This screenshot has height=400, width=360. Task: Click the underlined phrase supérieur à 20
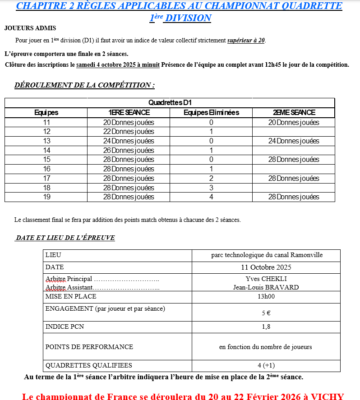click(x=246, y=41)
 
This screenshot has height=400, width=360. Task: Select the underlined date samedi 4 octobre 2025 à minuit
click(x=118, y=65)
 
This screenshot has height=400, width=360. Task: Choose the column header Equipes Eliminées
click(x=211, y=113)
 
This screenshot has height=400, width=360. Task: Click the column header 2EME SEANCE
click(x=294, y=113)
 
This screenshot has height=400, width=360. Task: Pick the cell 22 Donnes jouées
click(x=129, y=132)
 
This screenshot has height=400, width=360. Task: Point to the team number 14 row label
click(x=46, y=150)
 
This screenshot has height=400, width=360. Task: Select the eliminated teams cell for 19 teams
click(x=211, y=197)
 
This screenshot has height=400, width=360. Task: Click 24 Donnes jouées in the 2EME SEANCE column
click(x=294, y=141)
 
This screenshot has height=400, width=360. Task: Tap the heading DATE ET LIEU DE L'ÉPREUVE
click(x=65, y=238)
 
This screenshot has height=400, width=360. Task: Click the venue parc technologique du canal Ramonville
click(x=267, y=255)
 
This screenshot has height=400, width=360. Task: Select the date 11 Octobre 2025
click(x=266, y=267)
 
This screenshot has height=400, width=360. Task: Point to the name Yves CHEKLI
click(x=266, y=279)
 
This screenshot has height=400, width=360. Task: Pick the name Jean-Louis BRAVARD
click(x=266, y=287)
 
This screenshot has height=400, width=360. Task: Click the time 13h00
click(x=266, y=297)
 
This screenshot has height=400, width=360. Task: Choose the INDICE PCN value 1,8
click(x=266, y=327)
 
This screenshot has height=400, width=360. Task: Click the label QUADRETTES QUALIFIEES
click(x=89, y=366)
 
